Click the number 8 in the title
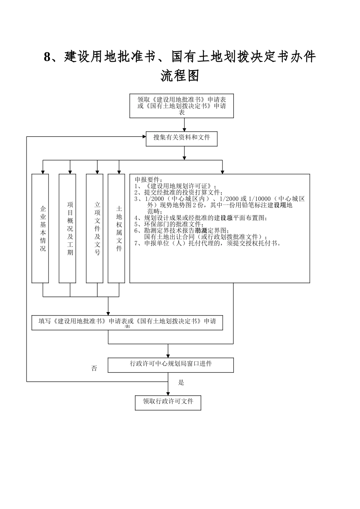[x=47, y=57]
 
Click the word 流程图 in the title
[x=180, y=76]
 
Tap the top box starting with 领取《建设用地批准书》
[x=182, y=106]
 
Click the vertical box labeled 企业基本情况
[x=40, y=228]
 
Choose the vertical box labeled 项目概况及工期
[x=67, y=228]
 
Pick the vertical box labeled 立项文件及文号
[x=95, y=228]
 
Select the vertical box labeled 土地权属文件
[x=116, y=228]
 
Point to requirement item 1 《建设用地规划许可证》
[x=176, y=186]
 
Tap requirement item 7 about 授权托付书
[x=208, y=243]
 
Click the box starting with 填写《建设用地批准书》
[x=127, y=322]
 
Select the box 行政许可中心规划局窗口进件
[x=171, y=364]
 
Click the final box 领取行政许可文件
[x=168, y=402]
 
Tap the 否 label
[x=94, y=368]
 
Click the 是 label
[x=181, y=383]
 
